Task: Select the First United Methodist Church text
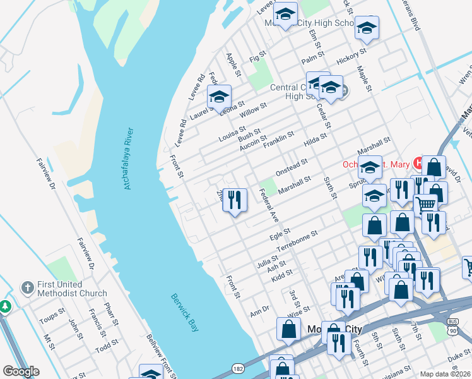71,289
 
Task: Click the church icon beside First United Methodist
27,288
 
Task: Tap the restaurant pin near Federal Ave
235,200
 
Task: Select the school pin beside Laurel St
219,97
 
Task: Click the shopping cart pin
426,205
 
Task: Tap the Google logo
21,371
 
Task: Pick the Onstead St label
291,167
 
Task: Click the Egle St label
279,235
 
